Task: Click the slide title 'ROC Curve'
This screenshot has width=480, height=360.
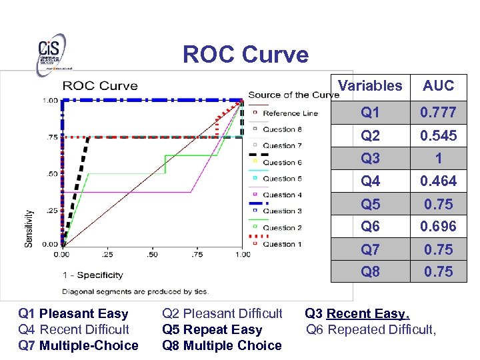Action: pos(245,54)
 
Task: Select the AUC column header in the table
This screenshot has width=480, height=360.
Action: pos(438,85)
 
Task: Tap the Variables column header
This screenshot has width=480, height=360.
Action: pos(370,85)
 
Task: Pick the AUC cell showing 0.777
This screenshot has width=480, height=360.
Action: pos(438,113)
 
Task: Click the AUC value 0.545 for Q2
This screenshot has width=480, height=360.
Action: pos(438,135)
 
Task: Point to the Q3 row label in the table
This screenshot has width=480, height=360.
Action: pos(370,158)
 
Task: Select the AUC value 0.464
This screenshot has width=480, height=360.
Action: pos(438,181)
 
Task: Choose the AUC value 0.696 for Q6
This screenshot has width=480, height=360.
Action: pos(438,227)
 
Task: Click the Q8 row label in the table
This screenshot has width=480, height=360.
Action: pos(370,271)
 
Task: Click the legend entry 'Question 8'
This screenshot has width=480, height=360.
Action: pos(282,129)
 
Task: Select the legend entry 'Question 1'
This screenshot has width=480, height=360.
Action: pos(282,244)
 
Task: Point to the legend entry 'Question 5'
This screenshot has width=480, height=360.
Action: pos(282,179)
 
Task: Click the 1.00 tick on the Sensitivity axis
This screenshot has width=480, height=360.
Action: pos(50,101)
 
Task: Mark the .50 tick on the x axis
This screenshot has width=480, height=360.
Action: pos(152,254)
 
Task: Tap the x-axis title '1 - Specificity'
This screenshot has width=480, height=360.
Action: pos(93,275)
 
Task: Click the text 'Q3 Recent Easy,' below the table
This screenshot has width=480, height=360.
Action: pos(357,313)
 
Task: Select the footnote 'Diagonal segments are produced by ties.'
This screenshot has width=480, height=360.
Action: pos(135,291)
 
